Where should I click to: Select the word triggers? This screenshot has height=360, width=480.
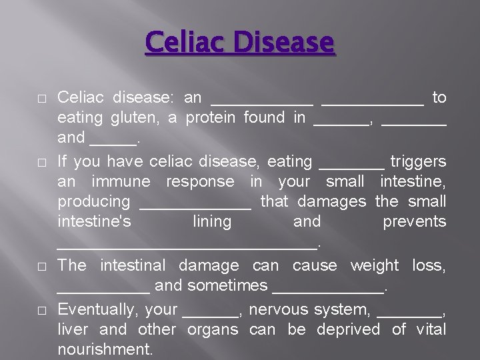[418, 161]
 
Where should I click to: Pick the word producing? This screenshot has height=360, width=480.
[94, 201]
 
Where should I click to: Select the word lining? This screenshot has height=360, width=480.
[211, 221]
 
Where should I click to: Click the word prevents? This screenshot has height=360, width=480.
[414, 221]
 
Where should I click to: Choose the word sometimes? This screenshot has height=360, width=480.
[227, 286]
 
